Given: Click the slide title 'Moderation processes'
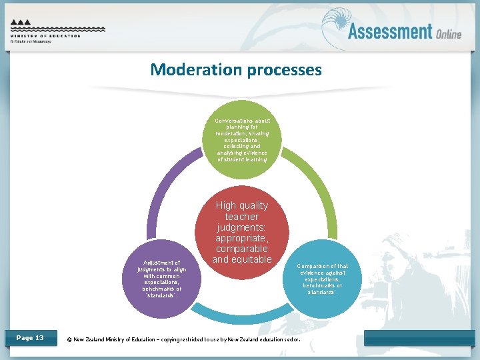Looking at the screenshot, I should [x=236, y=69].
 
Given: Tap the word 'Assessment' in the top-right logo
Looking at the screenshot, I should [x=390, y=31].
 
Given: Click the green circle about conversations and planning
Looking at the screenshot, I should [x=242, y=140].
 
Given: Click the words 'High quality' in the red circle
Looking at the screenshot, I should [x=242, y=205].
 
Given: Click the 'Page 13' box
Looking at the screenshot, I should [x=29, y=338].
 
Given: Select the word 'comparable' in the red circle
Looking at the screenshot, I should [x=242, y=249].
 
